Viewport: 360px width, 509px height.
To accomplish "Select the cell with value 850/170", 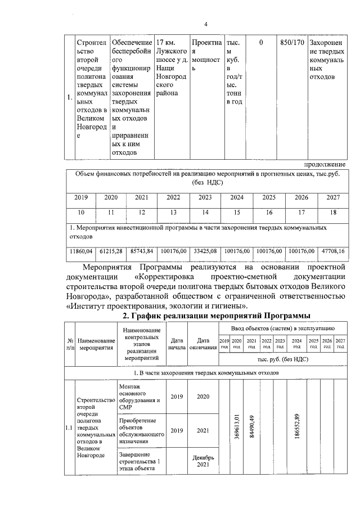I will [x=292, y=43].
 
